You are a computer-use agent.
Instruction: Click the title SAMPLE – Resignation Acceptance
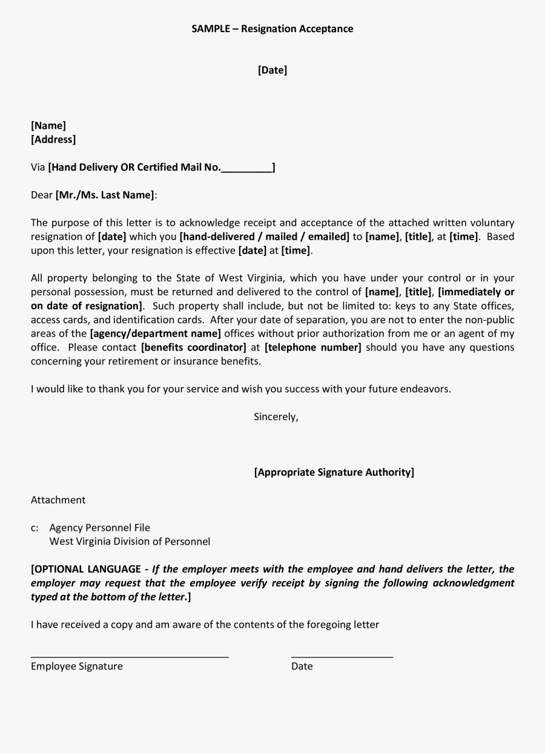(x=272, y=28)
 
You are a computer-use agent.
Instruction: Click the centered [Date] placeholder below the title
(x=272, y=70)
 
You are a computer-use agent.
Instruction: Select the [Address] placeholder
(x=53, y=139)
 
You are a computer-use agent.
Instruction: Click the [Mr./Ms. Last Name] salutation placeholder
(x=105, y=195)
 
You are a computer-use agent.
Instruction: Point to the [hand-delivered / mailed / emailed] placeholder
(x=265, y=237)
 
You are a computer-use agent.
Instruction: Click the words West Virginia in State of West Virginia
(x=251, y=278)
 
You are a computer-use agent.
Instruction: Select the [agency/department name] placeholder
(x=156, y=334)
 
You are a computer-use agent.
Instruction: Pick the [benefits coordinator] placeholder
(x=193, y=347)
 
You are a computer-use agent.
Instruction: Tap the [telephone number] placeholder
(x=312, y=347)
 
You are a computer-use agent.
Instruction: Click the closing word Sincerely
(x=276, y=416)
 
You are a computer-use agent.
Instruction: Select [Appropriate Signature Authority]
(x=334, y=472)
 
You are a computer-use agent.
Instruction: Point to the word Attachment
(x=58, y=500)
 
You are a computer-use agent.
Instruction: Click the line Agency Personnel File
(x=99, y=528)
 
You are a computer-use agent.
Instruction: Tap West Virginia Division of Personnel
(x=130, y=541)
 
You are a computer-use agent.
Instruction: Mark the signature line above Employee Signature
(x=130, y=656)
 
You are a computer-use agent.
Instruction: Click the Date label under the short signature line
(x=302, y=666)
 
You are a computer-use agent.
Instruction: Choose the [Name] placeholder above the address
(x=48, y=125)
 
